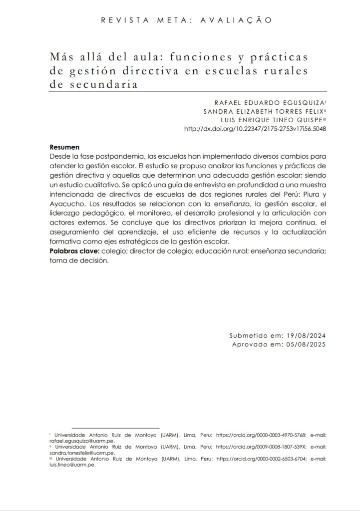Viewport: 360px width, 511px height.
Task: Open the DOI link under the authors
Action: (255, 129)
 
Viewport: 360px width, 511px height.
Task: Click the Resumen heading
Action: (65, 148)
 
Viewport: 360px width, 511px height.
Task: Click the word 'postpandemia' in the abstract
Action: (114, 156)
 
